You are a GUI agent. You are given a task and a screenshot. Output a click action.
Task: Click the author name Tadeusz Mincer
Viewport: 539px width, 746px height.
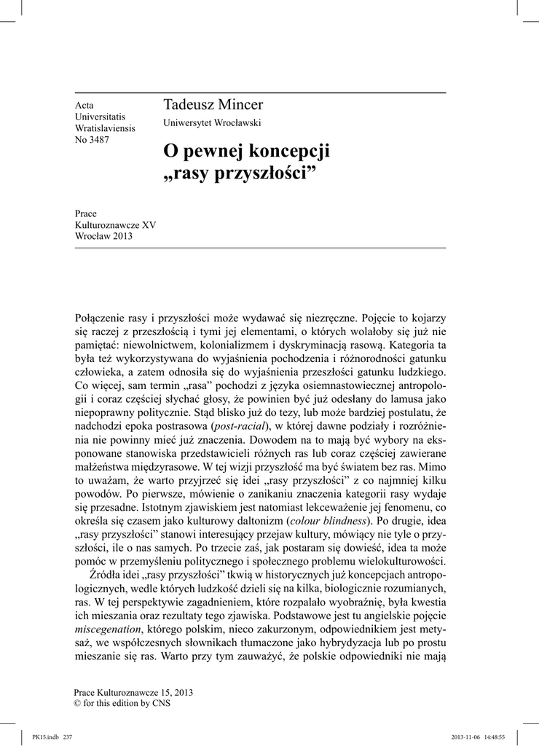pos(213,105)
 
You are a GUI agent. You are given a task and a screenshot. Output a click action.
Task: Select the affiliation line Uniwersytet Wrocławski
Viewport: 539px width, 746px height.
pos(212,122)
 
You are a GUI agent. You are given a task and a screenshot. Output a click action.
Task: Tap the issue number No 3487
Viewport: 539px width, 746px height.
pos(92,140)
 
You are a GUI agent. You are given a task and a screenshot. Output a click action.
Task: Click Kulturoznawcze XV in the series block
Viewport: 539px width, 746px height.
pos(115,226)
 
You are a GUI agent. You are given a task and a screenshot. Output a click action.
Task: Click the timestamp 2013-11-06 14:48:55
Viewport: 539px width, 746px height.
pos(483,737)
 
